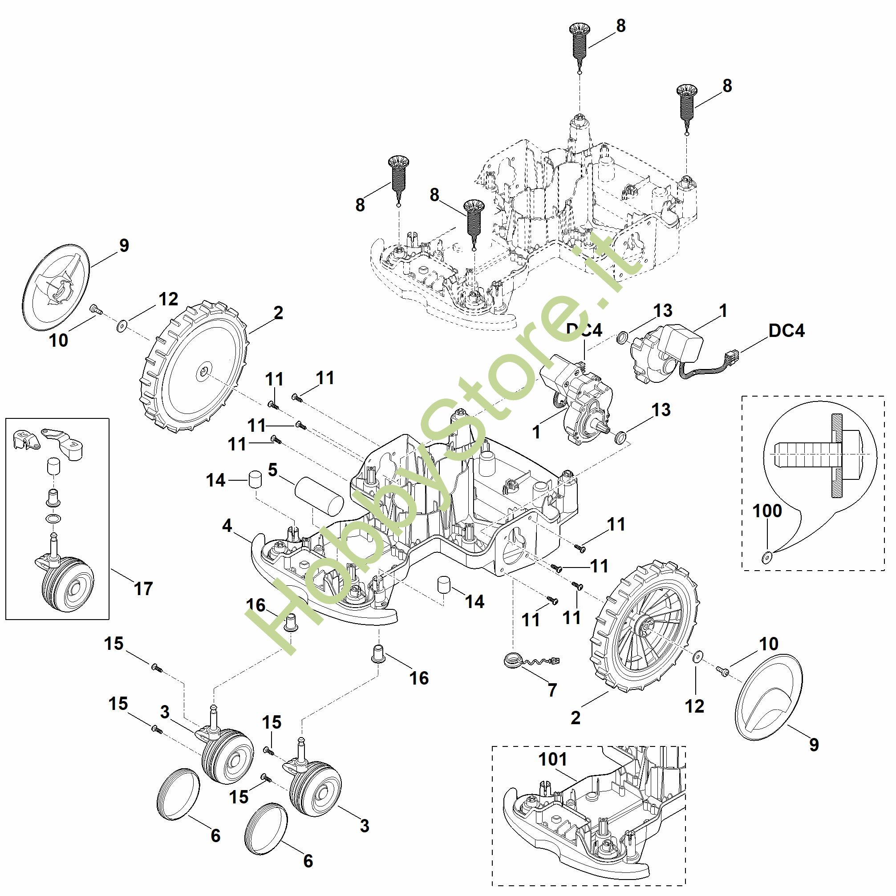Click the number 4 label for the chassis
(x=227, y=526)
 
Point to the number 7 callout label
(x=552, y=690)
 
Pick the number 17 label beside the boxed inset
(x=143, y=588)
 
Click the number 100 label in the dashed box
(x=767, y=511)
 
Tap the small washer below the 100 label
(x=766, y=556)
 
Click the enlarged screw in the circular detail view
(x=821, y=454)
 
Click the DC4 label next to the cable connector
(x=787, y=331)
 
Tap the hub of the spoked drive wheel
(x=646, y=627)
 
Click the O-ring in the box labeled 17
(x=54, y=518)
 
